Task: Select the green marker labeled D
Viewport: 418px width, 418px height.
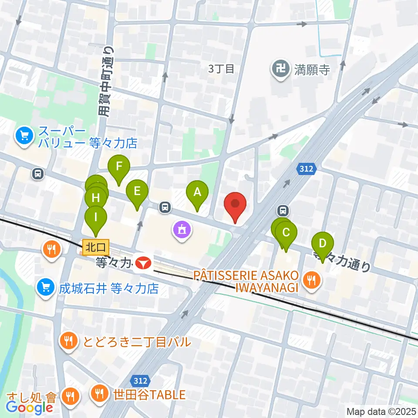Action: tap(323, 243)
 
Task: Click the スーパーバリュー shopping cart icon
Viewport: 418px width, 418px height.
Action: tap(24, 136)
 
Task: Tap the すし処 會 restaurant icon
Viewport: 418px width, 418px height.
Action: tap(70, 396)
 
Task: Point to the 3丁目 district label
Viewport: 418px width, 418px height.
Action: tap(221, 68)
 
